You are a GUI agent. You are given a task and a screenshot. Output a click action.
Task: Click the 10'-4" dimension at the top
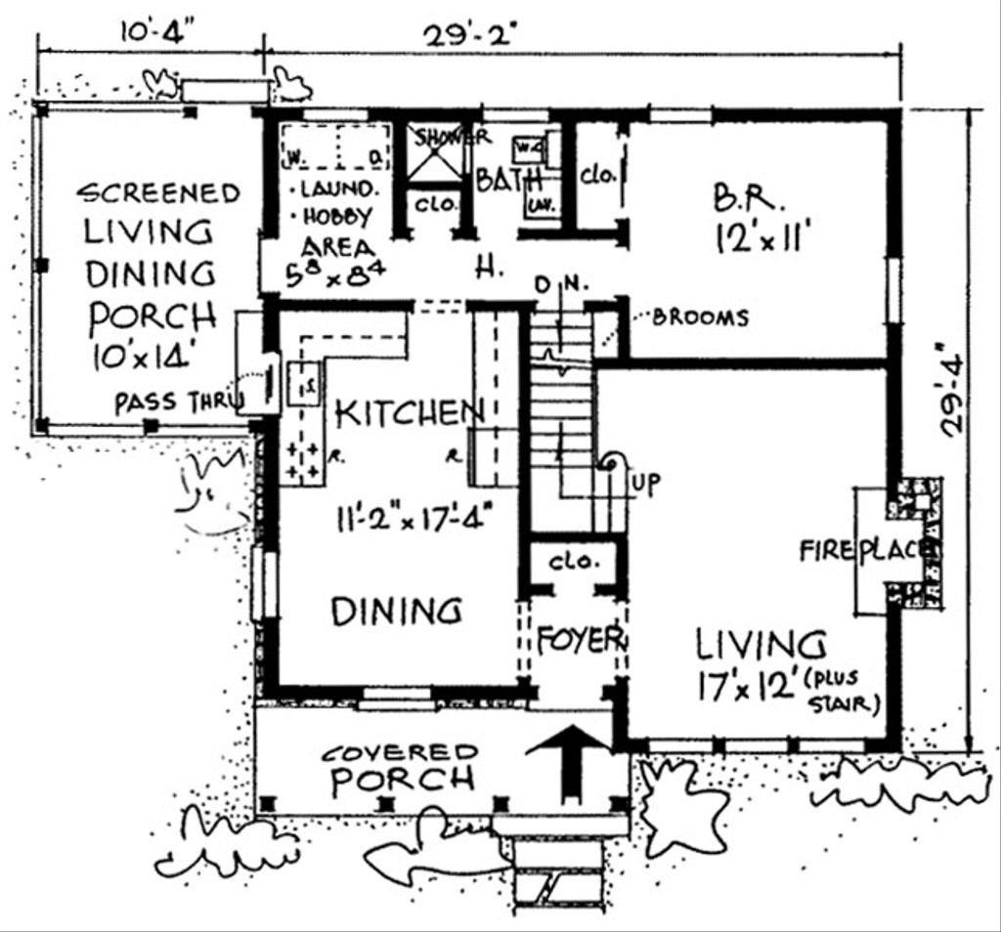[x=156, y=30]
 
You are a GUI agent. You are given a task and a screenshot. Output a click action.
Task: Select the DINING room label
[x=396, y=612]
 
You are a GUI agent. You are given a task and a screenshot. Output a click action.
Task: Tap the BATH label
[x=508, y=181]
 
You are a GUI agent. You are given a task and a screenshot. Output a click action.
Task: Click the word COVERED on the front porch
[x=401, y=753]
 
